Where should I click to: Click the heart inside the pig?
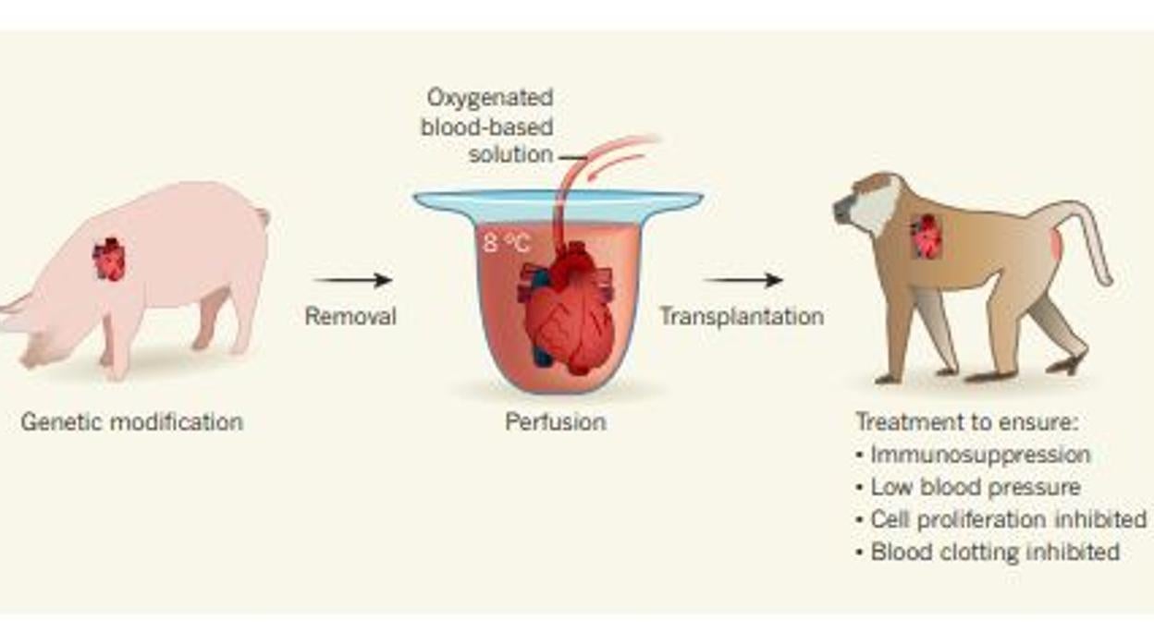pos(109,260)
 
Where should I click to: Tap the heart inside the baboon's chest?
pos(926,237)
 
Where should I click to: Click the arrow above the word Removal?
pos(353,280)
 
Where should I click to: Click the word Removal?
pos(350,316)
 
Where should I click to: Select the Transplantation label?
pos(741,316)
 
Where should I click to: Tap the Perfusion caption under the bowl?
pos(556,422)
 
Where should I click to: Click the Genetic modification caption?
pos(131,422)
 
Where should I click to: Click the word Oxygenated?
pos(490,97)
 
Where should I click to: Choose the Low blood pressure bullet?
pos(976,487)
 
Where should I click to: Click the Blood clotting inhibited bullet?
pos(995,552)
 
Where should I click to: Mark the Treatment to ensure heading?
pos(967,422)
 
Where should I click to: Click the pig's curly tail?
pos(264,216)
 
